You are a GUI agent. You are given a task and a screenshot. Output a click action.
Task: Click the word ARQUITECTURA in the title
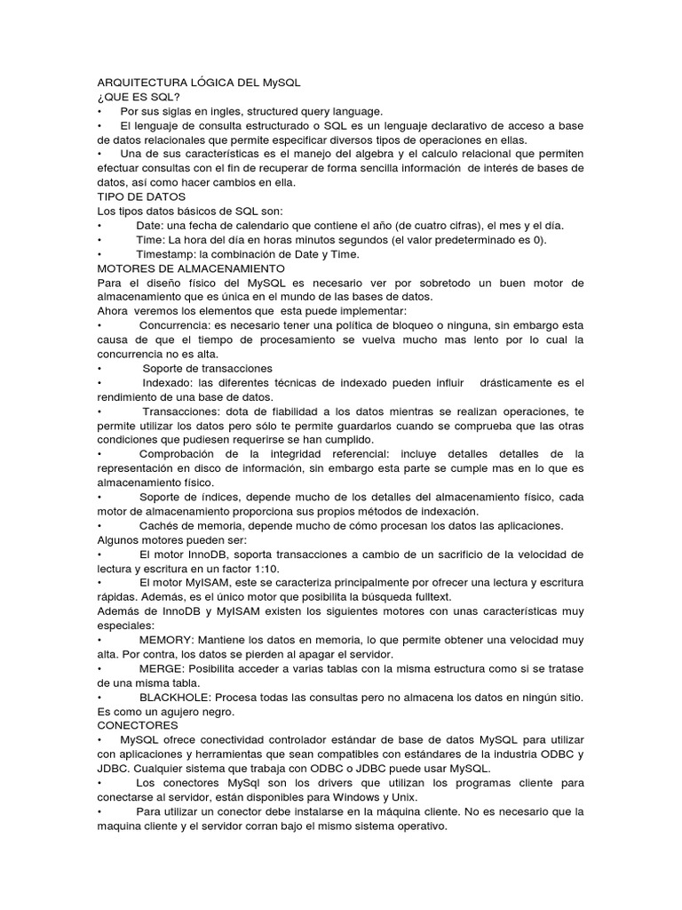pyautogui.click(x=142, y=82)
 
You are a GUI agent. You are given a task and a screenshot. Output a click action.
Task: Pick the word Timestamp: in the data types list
pyautogui.click(x=166, y=254)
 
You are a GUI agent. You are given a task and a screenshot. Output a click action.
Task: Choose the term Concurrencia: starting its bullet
pyautogui.click(x=178, y=325)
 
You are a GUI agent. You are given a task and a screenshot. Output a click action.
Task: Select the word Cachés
pyautogui.click(x=161, y=526)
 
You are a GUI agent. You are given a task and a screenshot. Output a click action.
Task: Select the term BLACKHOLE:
pyautogui.click(x=175, y=698)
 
